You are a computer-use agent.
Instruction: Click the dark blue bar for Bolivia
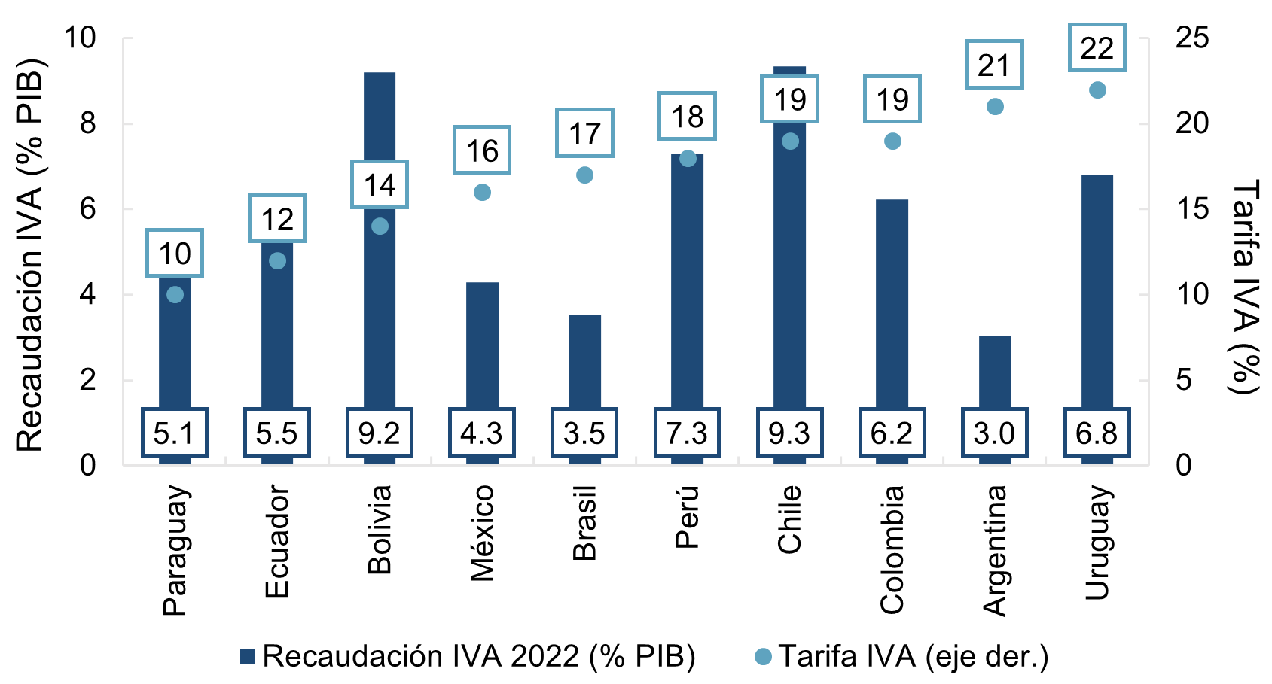pyautogui.click(x=380, y=316)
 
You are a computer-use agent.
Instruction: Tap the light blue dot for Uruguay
pyautogui.click(x=1097, y=90)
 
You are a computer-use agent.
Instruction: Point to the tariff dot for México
pyautogui.click(x=482, y=193)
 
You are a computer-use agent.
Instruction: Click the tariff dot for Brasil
pyautogui.click(x=584, y=175)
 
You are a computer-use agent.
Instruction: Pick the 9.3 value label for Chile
pyautogui.click(x=790, y=433)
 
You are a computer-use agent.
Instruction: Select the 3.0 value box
pyautogui.click(x=995, y=433)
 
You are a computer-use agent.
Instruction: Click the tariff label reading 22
pyautogui.click(x=1097, y=48)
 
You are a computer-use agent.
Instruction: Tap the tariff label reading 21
pyautogui.click(x=995, y=65)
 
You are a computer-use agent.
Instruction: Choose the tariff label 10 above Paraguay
pyautogui.click(x=175, y=254)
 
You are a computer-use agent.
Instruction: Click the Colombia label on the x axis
pyautogui.click(x=892, y=549)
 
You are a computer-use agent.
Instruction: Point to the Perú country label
pyautogui.click(x=687, y=517)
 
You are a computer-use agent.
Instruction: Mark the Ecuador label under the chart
pyautogui.click(x=277, y=542)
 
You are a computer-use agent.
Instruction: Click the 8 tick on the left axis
pyautogui.click(x=88, y=123)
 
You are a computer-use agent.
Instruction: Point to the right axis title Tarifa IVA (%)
pyautogui.click(x=1244, y=286)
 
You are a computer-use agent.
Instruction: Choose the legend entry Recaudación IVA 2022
pyautogui.click(x=467, y=657)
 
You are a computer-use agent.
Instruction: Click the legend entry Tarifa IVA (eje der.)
pyautogui.click(x=901, y=657)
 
